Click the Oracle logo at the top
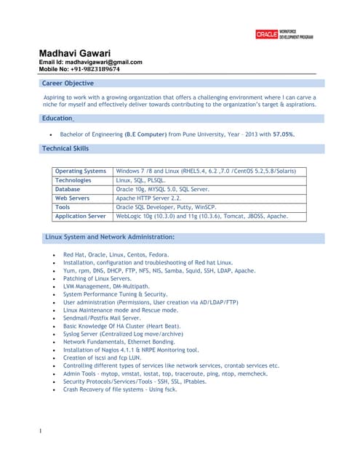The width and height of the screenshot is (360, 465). pyautogui.click(x=267, y=34)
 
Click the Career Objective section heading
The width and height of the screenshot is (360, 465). pyautogui.click(x=68, y=84)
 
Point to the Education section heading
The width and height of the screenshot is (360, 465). pyautogui.click(x=57, y=118)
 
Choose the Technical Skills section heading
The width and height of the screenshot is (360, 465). pyautogui.click(x=65, y=148)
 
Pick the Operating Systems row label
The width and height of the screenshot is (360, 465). pyautogui.click(x=81, y=171)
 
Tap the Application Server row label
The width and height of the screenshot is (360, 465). pyautogui.click(x=81, y=216)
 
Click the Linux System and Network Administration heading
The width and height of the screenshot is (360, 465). pyautogui.click(x=109, y=237)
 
